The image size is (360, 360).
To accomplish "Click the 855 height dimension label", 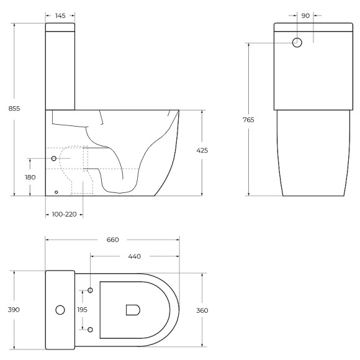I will [14, 109].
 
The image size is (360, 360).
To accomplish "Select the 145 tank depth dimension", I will [60, 16].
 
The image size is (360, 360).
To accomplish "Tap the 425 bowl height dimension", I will [202, 151].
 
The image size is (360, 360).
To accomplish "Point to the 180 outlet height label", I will [30, 178].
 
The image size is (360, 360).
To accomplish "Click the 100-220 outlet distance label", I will [65, 214].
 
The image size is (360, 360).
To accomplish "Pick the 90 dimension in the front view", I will [305, 16].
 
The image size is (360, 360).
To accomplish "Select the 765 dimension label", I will [248, 120].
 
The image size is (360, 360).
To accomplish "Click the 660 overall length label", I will [112, 240].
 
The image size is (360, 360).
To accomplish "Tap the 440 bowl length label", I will [134, 255].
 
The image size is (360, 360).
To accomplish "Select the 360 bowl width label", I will [202, 310].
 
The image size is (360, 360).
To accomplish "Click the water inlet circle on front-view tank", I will [297, 43].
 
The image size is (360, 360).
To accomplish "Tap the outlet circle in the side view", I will [54, 159].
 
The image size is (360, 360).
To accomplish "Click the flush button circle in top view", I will [61, 309].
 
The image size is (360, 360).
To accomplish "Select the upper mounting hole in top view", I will [91, 290].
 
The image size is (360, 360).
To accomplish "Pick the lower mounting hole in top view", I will [91, 329].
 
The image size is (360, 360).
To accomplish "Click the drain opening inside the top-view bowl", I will [133, 310].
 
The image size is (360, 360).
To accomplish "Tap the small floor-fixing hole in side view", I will [56, 192].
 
